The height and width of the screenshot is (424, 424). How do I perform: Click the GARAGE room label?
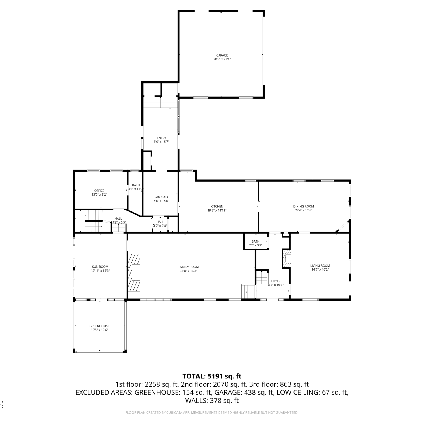tap(222, 55)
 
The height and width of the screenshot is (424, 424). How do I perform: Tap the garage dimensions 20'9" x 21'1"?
tap(222, 59)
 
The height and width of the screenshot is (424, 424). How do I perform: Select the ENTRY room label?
tap(162, 138)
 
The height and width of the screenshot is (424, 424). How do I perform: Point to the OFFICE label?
tap(99, 191)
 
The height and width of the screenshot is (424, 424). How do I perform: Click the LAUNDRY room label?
tap(161, 197)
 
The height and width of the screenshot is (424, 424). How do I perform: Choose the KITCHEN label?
tap(217, 206)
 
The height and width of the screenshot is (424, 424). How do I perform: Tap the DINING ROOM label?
tap(304, 206)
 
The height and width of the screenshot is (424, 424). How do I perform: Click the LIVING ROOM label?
tap(320, 265)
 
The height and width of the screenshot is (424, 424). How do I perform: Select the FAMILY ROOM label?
tap(189, 267)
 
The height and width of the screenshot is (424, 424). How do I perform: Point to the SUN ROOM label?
tap(100, 267)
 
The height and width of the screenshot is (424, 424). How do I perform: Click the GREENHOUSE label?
tap(99, 326)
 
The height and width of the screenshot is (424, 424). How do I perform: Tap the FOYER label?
tap(276, 281)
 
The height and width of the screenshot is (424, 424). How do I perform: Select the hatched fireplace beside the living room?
tap(286, 258)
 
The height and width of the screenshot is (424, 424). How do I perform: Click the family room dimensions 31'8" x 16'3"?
tap(189, 271)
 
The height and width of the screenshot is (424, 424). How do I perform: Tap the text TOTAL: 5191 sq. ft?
tap(212, 376)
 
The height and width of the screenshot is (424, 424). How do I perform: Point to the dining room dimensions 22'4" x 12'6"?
tap(304, 210)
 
